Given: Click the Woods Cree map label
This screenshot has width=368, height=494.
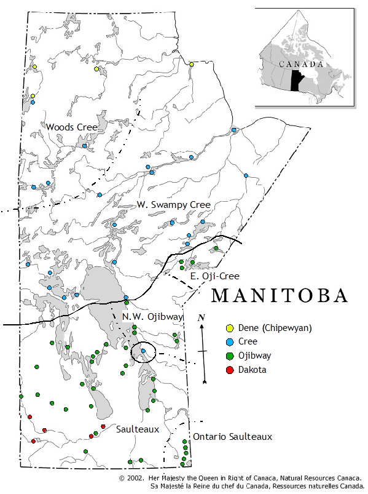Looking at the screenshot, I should pyautogui.click(x=72, y=127).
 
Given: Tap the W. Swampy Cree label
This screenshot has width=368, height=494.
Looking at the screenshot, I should pyautogui.click(x=173, y=204).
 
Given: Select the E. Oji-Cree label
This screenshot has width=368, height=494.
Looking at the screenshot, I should pyautogui.click(x=214, y=276).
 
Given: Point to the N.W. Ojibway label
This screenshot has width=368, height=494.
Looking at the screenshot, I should pyautogui.click(x=152, y=317).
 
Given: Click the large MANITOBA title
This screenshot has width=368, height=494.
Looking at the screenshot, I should pyautogui.click(x=279, y=296).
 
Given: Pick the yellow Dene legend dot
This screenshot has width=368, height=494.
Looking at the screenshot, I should pyautogui.click(x=230, y=328).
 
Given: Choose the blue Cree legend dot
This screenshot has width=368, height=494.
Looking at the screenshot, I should pyautogui.click(x=230, y=342).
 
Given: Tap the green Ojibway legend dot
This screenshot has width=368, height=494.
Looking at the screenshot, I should pyautogui.click(x=230, y=356).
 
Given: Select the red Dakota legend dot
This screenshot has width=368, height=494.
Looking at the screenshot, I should pyautogui.click(x=230, y=370).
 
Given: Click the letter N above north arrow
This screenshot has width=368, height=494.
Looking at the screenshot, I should pyautogui.click(x=201, y=317).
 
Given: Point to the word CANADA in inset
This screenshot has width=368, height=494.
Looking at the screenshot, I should pyautogui.click(x=301, y=64).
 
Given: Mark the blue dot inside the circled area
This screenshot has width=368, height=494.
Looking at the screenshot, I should pyautogui.click(x=143, y=351).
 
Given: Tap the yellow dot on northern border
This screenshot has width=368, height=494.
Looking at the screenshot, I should pyautogui.click(x=192, y=64).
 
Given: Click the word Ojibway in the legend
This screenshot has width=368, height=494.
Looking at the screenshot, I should pyautogui.click(x=255, y=356).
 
